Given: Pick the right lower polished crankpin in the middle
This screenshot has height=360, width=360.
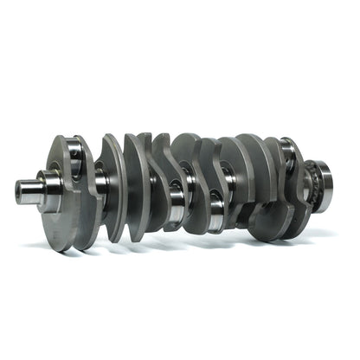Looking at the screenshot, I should [216, 211].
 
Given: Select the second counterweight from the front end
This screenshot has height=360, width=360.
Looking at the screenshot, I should [112, 182].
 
